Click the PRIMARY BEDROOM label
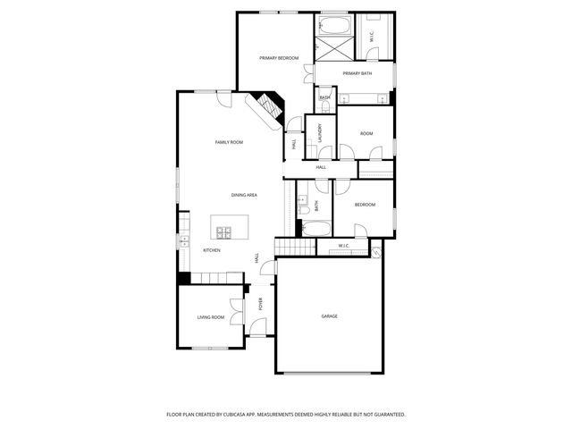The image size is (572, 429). pyautogui.click(x=279, y=58)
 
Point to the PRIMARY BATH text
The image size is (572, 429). pyautogui.click(x=357, y=73)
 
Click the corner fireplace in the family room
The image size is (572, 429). pyautogui.click(x=268, y=109)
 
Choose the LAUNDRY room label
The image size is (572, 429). pyautogui.click(x=319, y=133)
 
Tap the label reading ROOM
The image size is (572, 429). pyautogui.click(x=366, y=133)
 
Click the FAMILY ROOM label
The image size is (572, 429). pyautogui.click(x=229, y=142)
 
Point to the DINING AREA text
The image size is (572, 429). pyautogui.click(x=245, y=195)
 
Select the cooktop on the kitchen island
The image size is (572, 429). pyautogui.click(x=223, y=232)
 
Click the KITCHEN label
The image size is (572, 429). pyautogui.click(x=212, y=250)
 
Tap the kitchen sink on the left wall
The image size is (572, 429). pyautogui.click(x=184, y=240)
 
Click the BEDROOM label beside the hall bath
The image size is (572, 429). pyautogui.click(x=365, y=205)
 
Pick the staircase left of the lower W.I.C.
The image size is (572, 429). pyautogui.click(x=285, y=247)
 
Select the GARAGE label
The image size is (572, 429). pyautogui.click(x=329, y=316)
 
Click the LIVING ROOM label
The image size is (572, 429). pyautogui.click(x=211, y=317)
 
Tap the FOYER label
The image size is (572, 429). pyautogui.click(x=261, y=304)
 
